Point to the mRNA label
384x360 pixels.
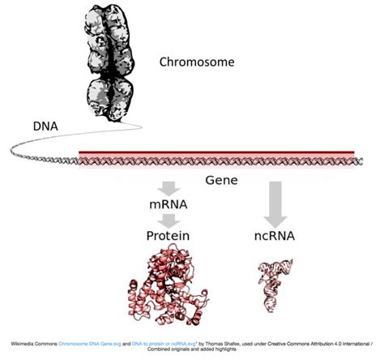(168, 206)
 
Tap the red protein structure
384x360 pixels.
(166, 284)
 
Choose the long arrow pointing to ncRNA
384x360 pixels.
(275, 203)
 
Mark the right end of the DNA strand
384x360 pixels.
(359, 161)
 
